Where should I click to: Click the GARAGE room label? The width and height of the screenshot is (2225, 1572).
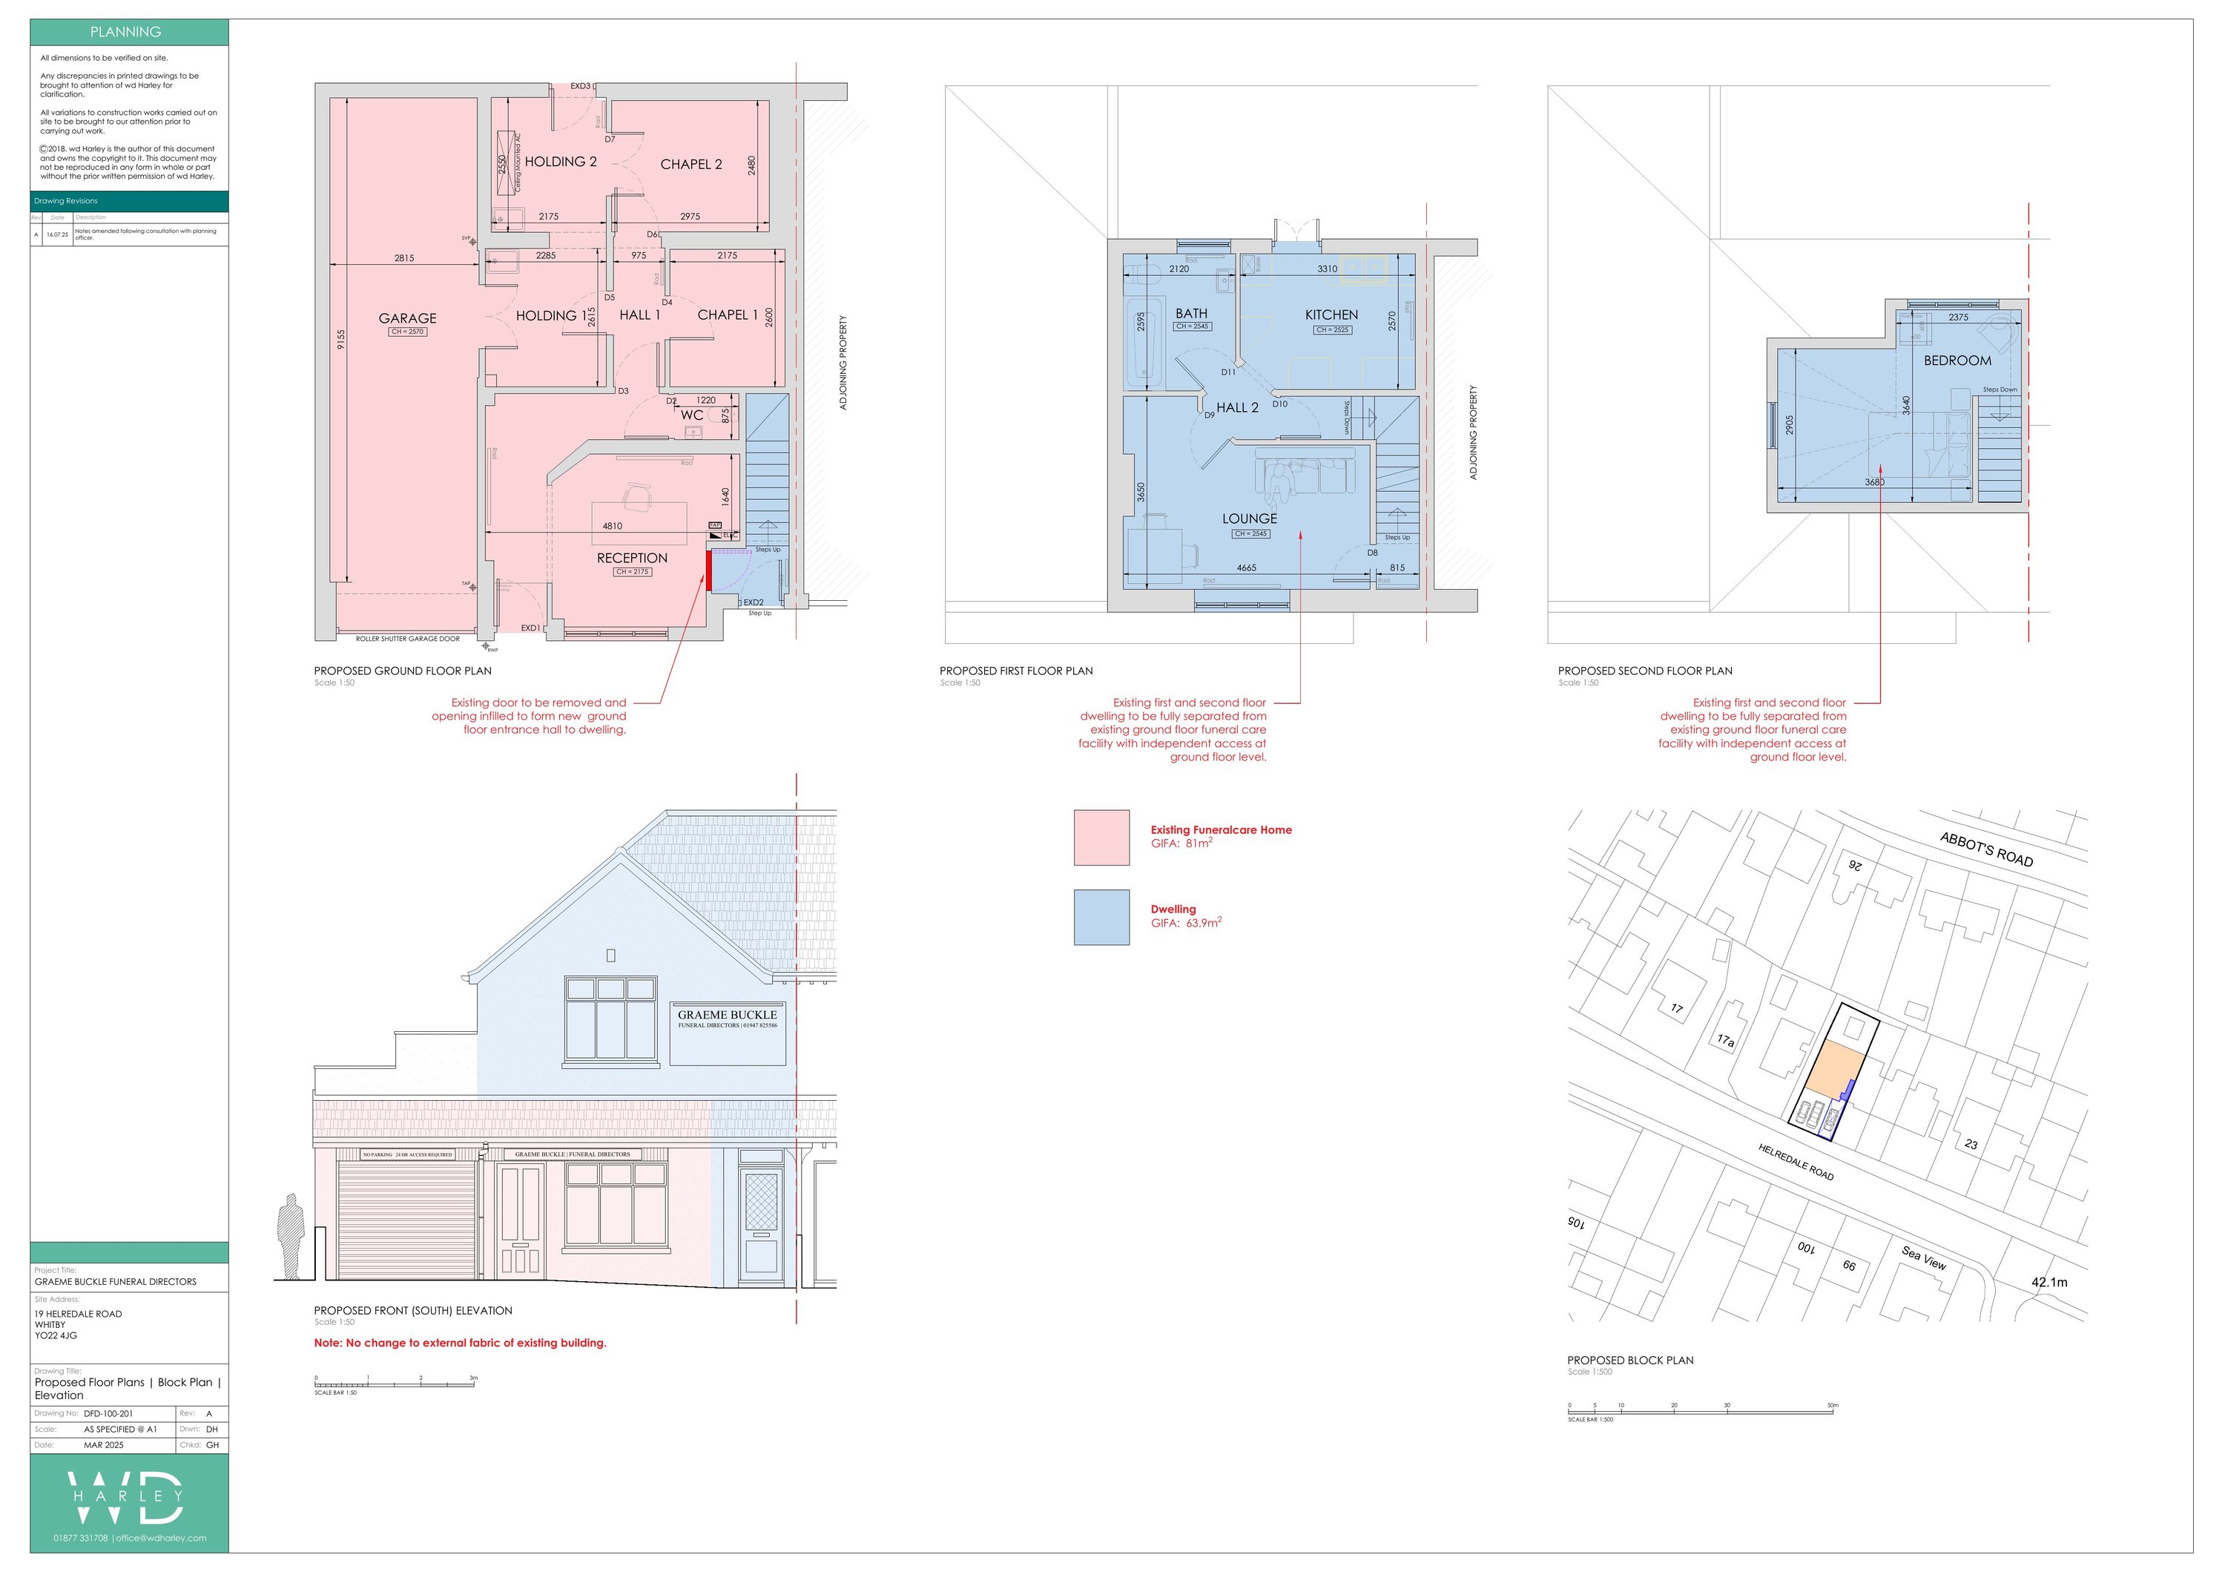click(x=407, y=318)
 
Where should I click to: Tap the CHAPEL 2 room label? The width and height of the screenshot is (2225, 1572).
click(x=691, y=165)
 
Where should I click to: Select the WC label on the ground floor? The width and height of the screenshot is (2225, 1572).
click(x=691, y=415)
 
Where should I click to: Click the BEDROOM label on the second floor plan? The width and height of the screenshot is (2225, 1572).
click(x=1957, y=361)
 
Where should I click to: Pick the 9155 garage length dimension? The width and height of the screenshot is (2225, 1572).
click(x=341, y=341)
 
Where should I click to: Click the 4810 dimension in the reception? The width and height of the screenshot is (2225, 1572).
click(x=613, y=526)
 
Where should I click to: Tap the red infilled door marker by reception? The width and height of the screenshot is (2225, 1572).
click(x=708, y=570)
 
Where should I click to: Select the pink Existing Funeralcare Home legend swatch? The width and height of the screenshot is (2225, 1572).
click(x=1101, y=838)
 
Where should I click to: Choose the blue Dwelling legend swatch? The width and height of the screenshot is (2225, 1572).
click(x=1101, y=917)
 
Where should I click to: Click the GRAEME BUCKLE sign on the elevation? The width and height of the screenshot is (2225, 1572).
click(x=727, y=1018)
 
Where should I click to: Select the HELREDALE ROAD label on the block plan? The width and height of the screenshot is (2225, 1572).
click(x=1796, y=1161)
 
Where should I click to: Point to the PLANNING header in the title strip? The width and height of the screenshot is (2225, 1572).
click(x=126, y=32)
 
